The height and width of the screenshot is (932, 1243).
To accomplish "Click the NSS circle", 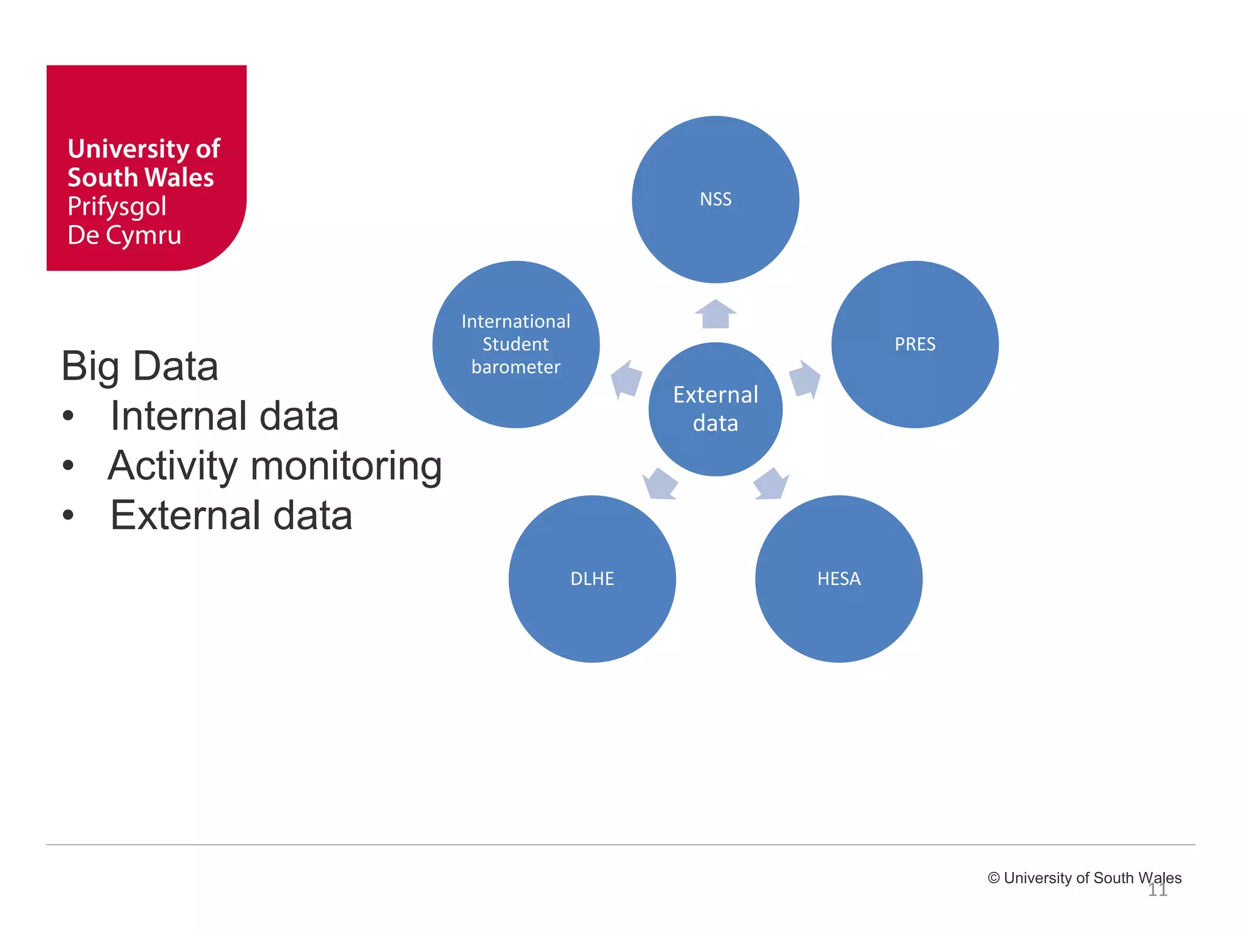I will pyautogui.click(x=715, y=200).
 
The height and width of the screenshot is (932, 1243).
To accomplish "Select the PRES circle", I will pyautogui.click(x=915, y=344).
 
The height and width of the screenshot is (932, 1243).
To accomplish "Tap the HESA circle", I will pyautogui.click(x=838, y=579).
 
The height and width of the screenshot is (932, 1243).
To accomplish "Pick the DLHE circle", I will pyautogui.click(x=592, y=579).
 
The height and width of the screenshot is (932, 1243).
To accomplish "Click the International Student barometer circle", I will pyautogui.click(x=516, y=344).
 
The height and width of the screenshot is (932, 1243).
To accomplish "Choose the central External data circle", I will pyautogui.click(x=715, y=409).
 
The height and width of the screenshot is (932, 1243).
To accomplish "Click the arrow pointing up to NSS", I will pyautogui.click(x=716, y=314).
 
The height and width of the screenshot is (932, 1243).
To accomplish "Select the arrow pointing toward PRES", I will pyautogui.click(x=805, y=379).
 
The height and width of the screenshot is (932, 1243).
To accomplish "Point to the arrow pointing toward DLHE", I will pyautogui.click(x=660, y=484).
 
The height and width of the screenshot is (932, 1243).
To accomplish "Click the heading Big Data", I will pyautogui.click(x=140, y=366).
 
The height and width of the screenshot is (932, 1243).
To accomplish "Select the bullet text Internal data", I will pyautogui.click(x=224, y=416).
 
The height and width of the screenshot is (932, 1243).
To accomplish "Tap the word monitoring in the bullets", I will pyautogui.click(x=346, y=466).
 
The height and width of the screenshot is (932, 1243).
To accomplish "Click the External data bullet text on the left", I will pyautogui.click(x=231, y=516).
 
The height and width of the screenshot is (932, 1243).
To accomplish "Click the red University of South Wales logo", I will pyautogui.click(x=146, y=167).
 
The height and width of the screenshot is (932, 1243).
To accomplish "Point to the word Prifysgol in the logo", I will pyautogui.click(x=117, y=206).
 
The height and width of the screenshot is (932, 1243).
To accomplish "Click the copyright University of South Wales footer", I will pyautogui.click(x=1084, y=877).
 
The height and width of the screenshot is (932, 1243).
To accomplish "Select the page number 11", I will pyautogui.click(x=1157, y=890).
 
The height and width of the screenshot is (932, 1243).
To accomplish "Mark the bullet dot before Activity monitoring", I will pyautogui.click(x=68, y=466).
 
